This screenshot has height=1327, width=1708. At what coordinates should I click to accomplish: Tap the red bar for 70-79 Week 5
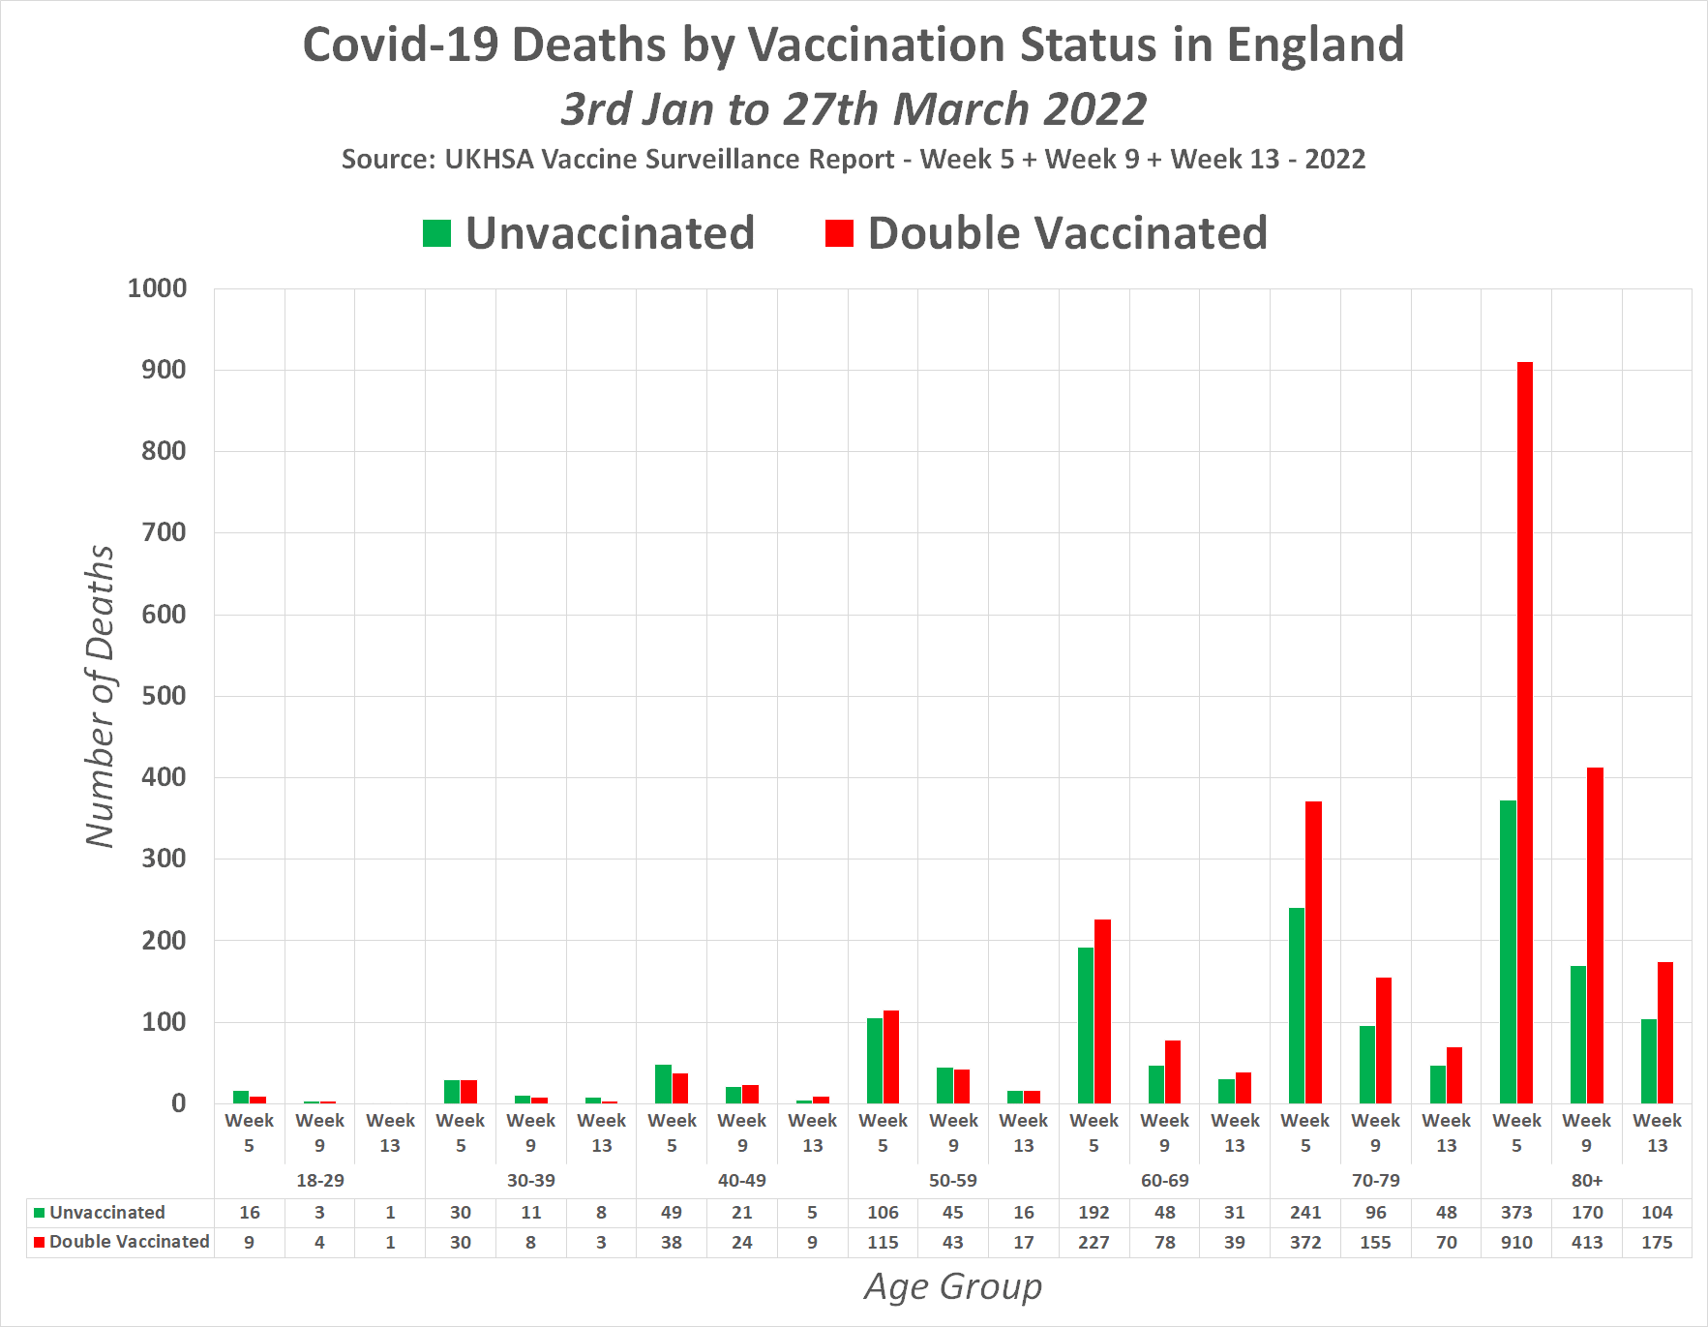[1313, 952]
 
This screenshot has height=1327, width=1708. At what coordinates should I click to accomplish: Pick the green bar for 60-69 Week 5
[1086, 1025]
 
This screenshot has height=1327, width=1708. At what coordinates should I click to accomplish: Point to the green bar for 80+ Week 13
[1648, 1061]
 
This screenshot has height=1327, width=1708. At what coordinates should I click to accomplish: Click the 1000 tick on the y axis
[158, 288]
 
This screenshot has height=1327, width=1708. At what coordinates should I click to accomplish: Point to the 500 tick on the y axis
[164, 696]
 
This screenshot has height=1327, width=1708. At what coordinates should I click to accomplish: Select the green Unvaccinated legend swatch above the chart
[437, 233]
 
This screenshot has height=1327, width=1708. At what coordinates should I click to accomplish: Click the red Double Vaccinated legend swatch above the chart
[839, 233]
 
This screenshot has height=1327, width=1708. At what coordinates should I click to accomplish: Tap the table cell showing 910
[1516, 1243]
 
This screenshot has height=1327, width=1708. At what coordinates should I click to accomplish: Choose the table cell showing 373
[1516, 1213]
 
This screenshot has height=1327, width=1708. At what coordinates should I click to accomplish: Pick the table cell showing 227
[1094, 1243]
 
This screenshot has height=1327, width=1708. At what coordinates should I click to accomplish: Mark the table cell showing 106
[883, 1213]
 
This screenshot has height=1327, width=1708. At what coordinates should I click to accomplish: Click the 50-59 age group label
[953, 1181]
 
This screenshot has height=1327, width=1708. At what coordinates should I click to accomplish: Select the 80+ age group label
[1587, 1181]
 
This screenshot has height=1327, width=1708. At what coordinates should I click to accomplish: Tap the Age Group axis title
[953, 1287]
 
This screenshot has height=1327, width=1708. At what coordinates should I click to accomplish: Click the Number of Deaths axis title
[100, 696]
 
